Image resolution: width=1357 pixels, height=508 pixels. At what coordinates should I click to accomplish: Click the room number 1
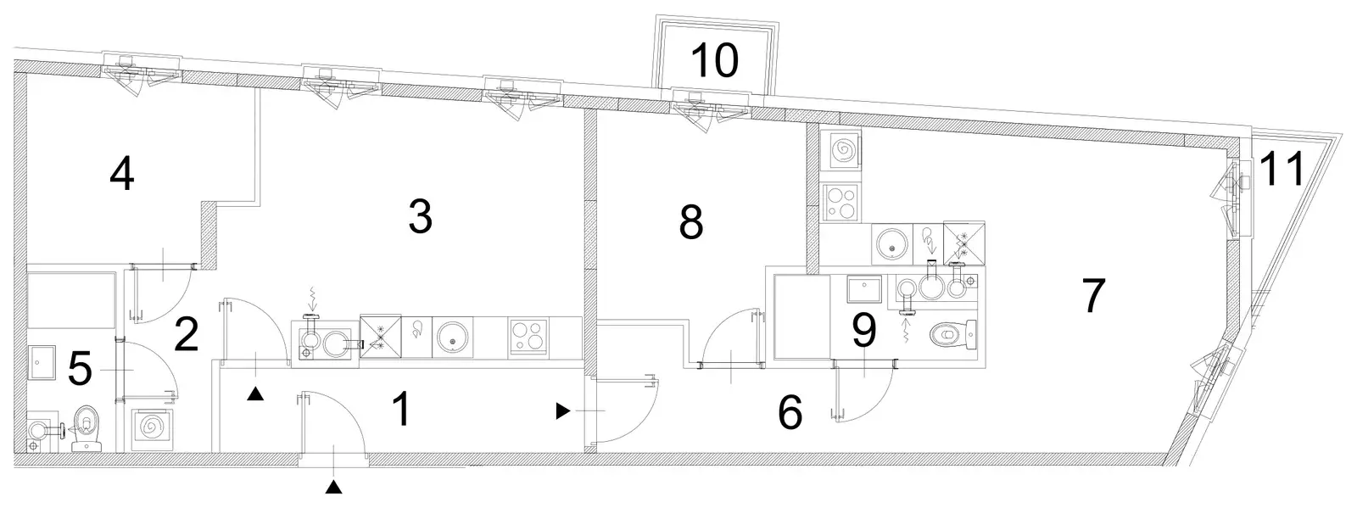[402, 410]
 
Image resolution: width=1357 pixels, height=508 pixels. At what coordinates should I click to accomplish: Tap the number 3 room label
[421, 217]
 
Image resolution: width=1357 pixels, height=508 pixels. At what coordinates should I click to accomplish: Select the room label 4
[122, 174]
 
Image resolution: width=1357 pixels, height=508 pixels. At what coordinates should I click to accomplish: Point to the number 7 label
[1093, 295]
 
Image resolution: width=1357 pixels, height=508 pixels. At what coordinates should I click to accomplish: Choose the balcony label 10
[715, 60]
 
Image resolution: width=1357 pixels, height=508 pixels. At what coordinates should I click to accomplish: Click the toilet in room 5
[87, 428]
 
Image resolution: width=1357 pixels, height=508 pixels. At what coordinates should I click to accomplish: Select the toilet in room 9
[953, 334]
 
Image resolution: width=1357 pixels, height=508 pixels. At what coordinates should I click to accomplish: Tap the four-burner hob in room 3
[529, 336]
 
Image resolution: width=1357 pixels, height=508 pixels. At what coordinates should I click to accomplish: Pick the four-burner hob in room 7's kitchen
[840, 202]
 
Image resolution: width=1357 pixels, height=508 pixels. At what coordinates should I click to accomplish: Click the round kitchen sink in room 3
[452, 337]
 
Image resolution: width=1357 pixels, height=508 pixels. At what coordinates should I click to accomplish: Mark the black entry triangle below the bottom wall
[333, 487]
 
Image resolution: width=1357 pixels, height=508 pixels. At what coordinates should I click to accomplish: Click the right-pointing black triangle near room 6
[563, 411]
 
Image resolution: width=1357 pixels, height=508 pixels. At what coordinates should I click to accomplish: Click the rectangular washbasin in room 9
[864, 289]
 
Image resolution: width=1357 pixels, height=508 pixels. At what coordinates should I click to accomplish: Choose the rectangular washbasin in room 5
[42, 363]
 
